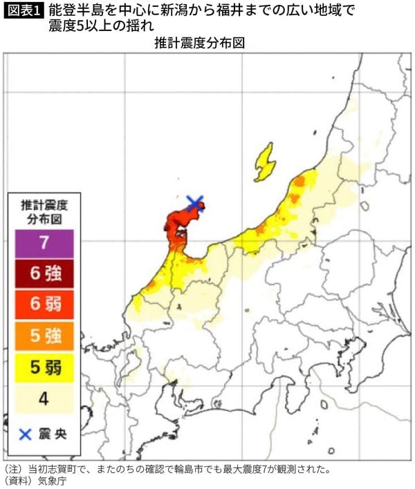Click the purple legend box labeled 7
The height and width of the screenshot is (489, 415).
point(44,244)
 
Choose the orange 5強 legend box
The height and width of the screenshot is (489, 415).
point(44,336)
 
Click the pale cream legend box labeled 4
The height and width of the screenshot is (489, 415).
point(44,399)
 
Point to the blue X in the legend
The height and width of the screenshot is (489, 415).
point(25,434)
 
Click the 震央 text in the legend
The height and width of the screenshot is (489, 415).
point(53,434)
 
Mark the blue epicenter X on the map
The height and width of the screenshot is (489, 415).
point(195,202)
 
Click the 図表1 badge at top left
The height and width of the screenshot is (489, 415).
point(22,10)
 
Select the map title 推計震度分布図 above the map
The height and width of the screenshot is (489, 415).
point(201,43)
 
